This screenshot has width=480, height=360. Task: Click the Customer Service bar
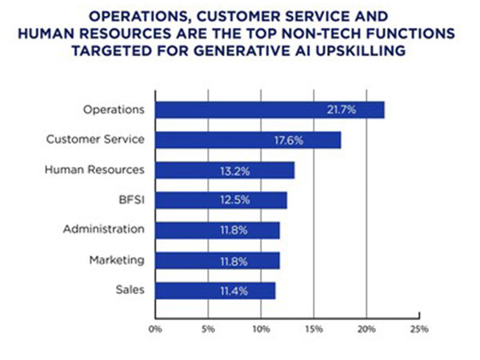click(x=248, y=140)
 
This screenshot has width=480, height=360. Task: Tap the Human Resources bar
click(x=225, y=170)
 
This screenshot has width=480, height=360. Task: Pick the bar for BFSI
click(x=221, y=200)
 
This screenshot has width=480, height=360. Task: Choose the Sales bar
click(x=215, y=290)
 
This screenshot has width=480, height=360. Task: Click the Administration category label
click(x=104, y=230)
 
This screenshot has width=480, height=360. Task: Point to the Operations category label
click(x=114, y=110)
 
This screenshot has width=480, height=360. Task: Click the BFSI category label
click(x=130, y=200)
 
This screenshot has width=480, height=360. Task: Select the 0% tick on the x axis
click(x=155, y=328)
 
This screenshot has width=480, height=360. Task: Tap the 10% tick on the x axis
click(x=261, y=328)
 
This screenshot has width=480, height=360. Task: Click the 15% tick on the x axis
click(x=314, y=328)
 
